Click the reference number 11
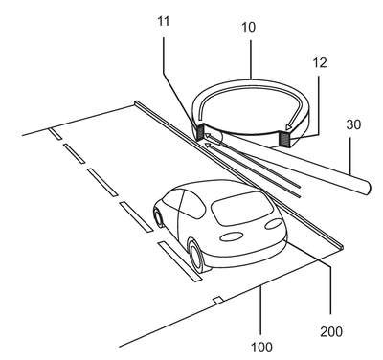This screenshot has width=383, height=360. pos(164,22)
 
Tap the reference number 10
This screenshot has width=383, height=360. pos(248,27)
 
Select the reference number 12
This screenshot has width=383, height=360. pos(320,62)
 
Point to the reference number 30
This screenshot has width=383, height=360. pos(353,124)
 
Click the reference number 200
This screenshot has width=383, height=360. pos(331,332)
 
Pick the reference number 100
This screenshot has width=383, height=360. pos(261,348)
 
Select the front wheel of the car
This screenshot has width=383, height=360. pos(159,217)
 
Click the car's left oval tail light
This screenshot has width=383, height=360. pos(231,236)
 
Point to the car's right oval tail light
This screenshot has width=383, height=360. pos(274,224)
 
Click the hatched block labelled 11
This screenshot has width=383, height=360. pos(199,133)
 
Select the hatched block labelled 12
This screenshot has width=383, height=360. pos(283,138)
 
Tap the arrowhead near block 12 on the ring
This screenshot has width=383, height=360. pos(290,126)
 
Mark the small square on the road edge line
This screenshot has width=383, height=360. pos(218,300)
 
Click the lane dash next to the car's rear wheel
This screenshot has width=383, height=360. pos(180,261)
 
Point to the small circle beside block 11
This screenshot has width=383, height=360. pos(214,139)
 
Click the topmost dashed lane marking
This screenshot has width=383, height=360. pos(56,133)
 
